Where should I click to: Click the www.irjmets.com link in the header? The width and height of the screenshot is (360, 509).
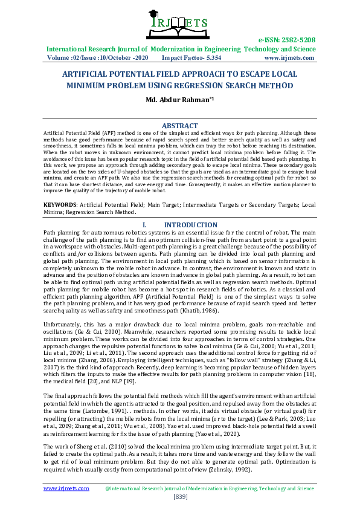pos(289,58)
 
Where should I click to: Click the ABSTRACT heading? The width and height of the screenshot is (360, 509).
pos(180,126)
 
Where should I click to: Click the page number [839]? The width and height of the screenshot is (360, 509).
pos(180,496)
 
